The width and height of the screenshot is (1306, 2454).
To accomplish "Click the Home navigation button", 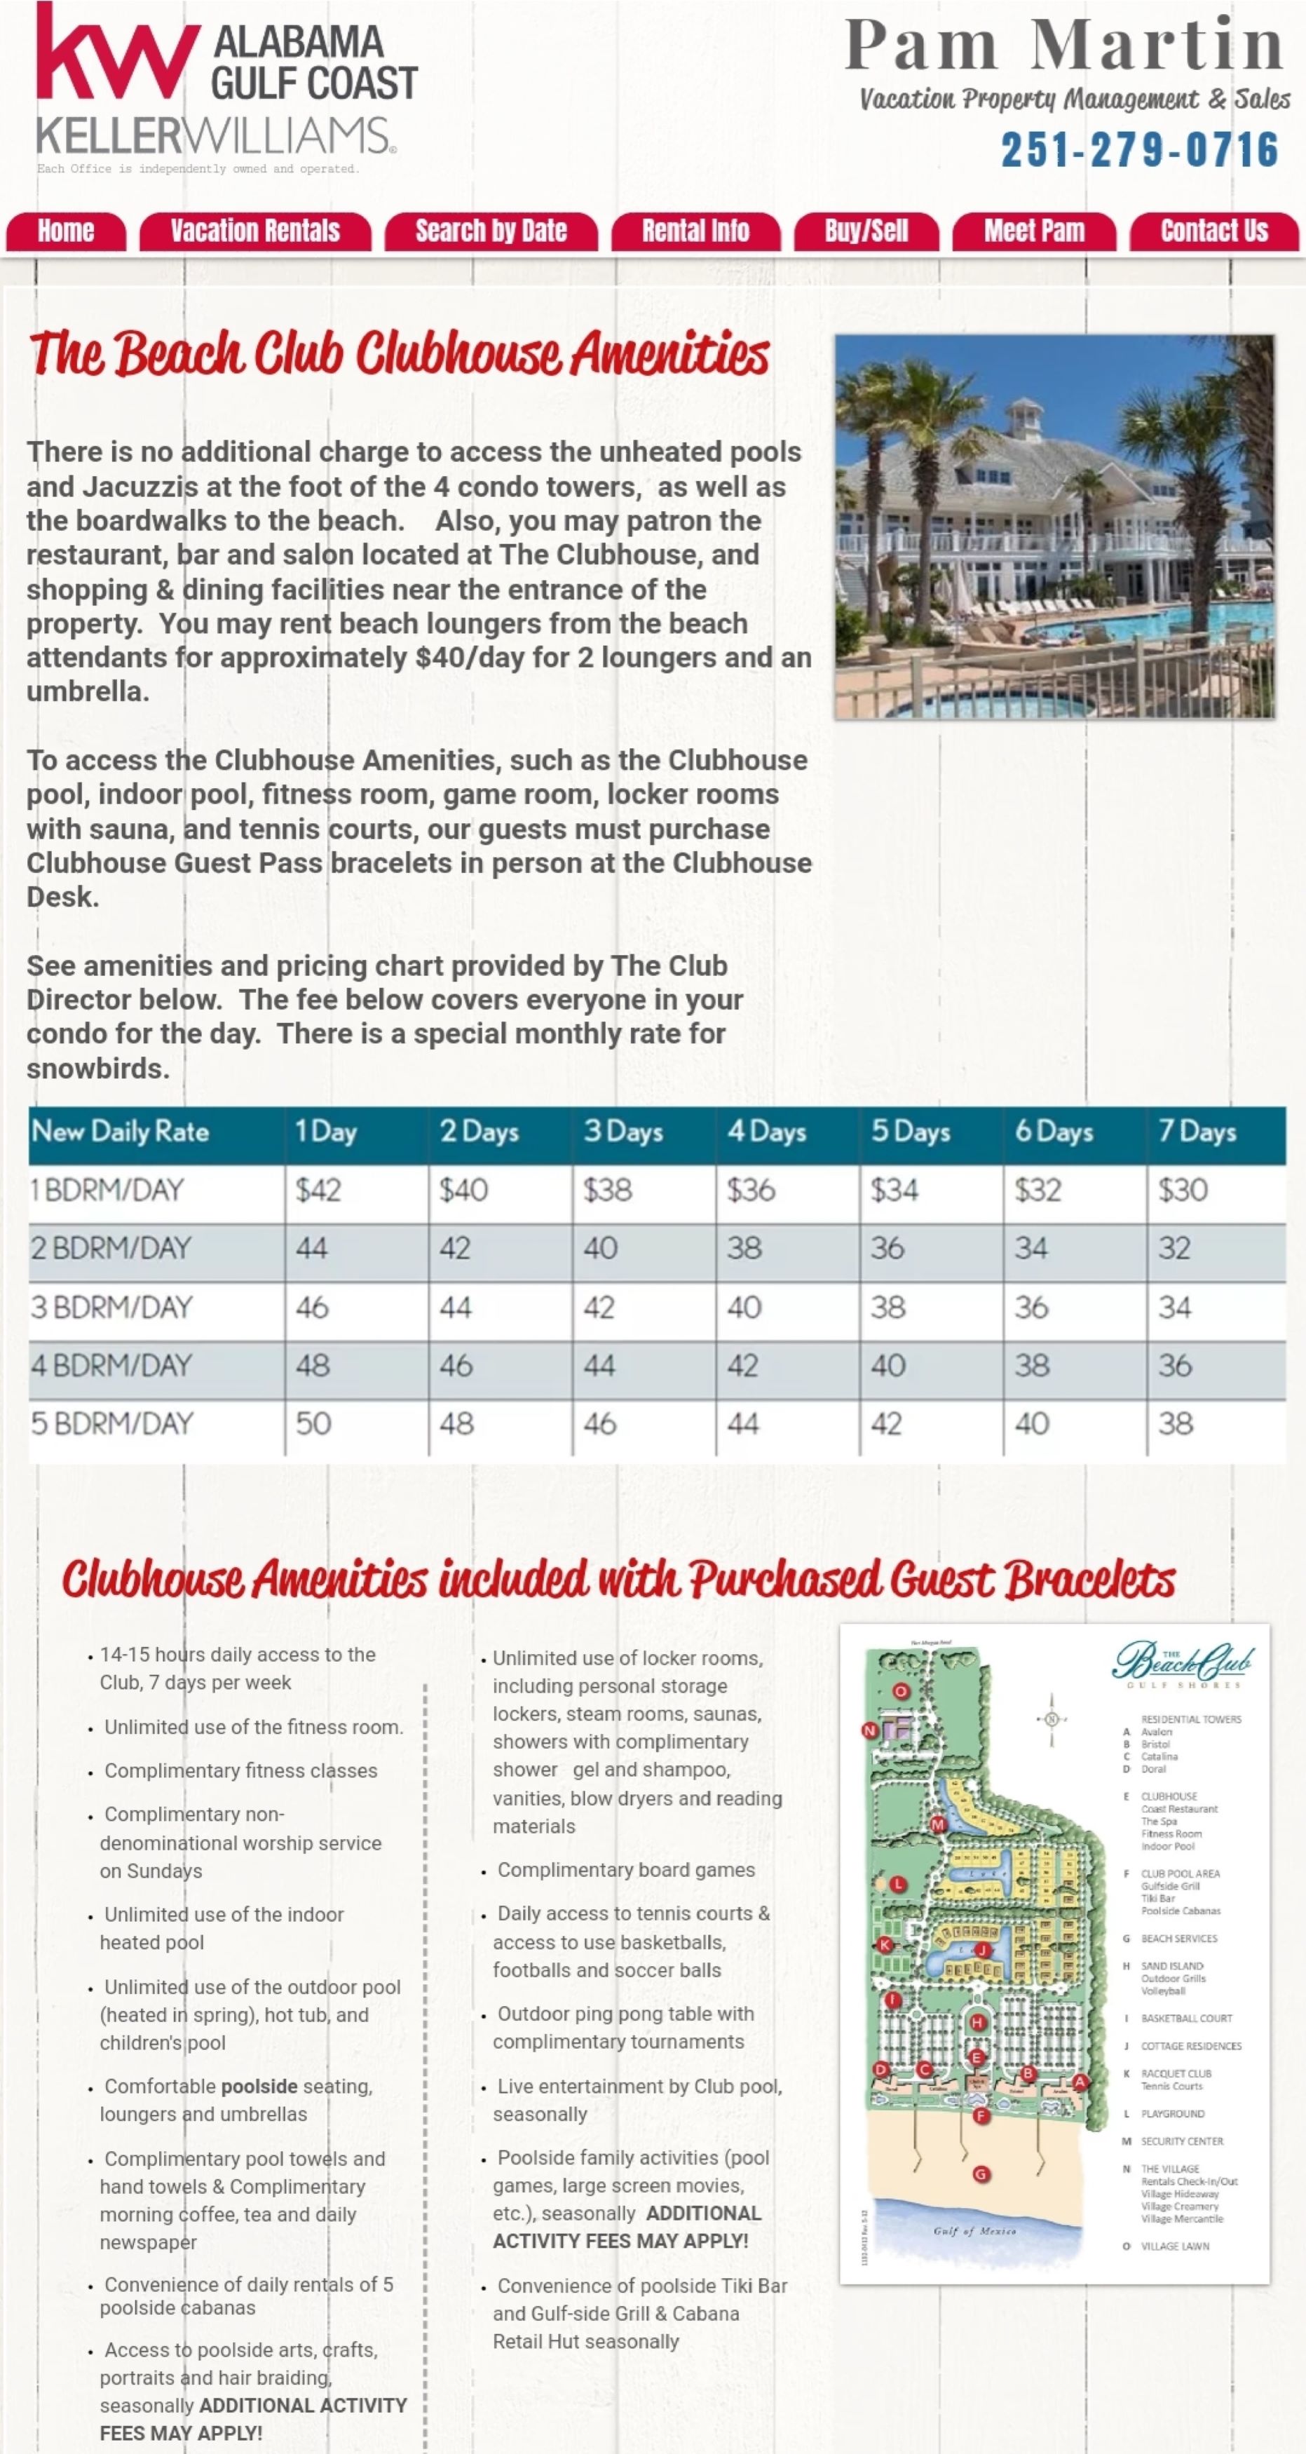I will [66, 231].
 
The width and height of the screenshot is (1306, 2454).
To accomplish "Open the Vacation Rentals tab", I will [255, 231].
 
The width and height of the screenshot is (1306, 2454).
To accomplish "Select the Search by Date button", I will [491, 231].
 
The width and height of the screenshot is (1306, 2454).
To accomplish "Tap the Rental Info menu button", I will [695, 231].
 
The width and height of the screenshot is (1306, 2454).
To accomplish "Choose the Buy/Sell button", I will [866, 231].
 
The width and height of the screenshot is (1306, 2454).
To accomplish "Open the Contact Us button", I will [1213, 231].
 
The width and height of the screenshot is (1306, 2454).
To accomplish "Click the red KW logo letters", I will [114, 57].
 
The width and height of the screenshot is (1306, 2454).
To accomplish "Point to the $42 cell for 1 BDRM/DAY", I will [318, 1190].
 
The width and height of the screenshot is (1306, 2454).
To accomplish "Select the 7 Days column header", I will [1197, 1132].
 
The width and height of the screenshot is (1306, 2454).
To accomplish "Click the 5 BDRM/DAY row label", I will [112, 1424].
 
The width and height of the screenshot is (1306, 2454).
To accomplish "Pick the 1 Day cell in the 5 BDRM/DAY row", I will [313, 1424].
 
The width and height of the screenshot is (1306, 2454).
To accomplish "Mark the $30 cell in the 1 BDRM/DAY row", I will [1183, 1190].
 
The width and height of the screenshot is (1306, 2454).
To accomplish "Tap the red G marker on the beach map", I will [981, 2174].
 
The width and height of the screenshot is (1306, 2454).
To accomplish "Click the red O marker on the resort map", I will [901, 1692].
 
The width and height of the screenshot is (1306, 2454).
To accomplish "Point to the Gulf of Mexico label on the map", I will [974, 2231].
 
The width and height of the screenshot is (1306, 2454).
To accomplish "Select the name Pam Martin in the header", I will [1065, 46].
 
